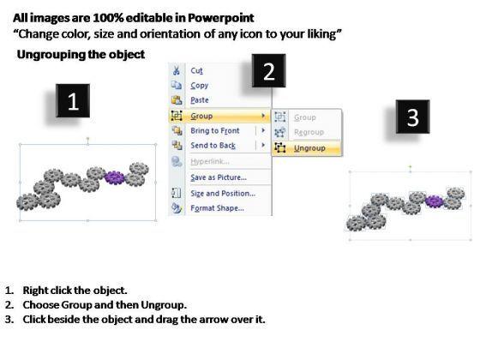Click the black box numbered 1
pyautogui.click(x=73, y=101)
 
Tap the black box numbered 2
pyautogui.click(x=269, y=70)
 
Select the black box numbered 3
pyautogui.click(x=412, y=117)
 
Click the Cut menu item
pyautogui.click(x=196, y=70)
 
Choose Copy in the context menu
pyautogui.click(x=199, y=86)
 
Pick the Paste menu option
pyautogui.click(x=200, y=100)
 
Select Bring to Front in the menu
pyautogui.click(x=215, y=130)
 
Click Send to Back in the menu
pyautogui.click(x=213, y=146)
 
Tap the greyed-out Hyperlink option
pyautogui.click(x=210, y=161)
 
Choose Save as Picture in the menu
pyautogui.click(x=219, y=177)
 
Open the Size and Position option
pyautogui.click(x=223, y=194)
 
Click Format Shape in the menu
pyautogui.click(x=217, y=208)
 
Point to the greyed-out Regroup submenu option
pyautogui.click(x=309, y=132)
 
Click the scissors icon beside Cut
pyautogui.click(x=177, y=70)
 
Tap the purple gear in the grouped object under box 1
pyautogui.click(x=115, y=177)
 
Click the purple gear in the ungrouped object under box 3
pyautogui.click(x=434, y=201)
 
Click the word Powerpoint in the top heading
pyautogui.click(x=220, y=18)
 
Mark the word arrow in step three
pyautogui.click(x=212, y=320)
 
